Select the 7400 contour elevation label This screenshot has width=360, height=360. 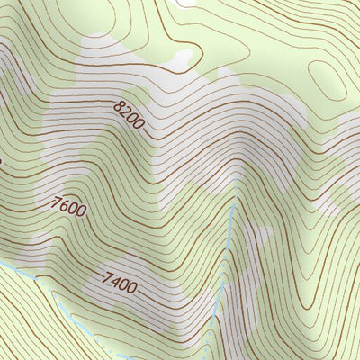[x=120, y=282]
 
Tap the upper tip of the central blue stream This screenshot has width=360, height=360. [x=236, y=203]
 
